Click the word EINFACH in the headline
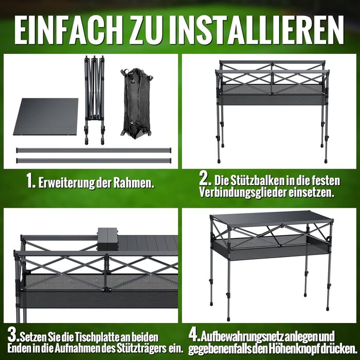tap(69, 30)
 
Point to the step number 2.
tap(205, 179)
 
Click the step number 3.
tap(14, 335)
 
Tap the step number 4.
tap(194, 335)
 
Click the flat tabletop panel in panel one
tap(46, 117)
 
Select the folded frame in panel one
tap(94, 100)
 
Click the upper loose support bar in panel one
tap(94, 150)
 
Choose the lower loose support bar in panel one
tap(94, 160)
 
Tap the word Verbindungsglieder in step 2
tap(242, 193)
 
